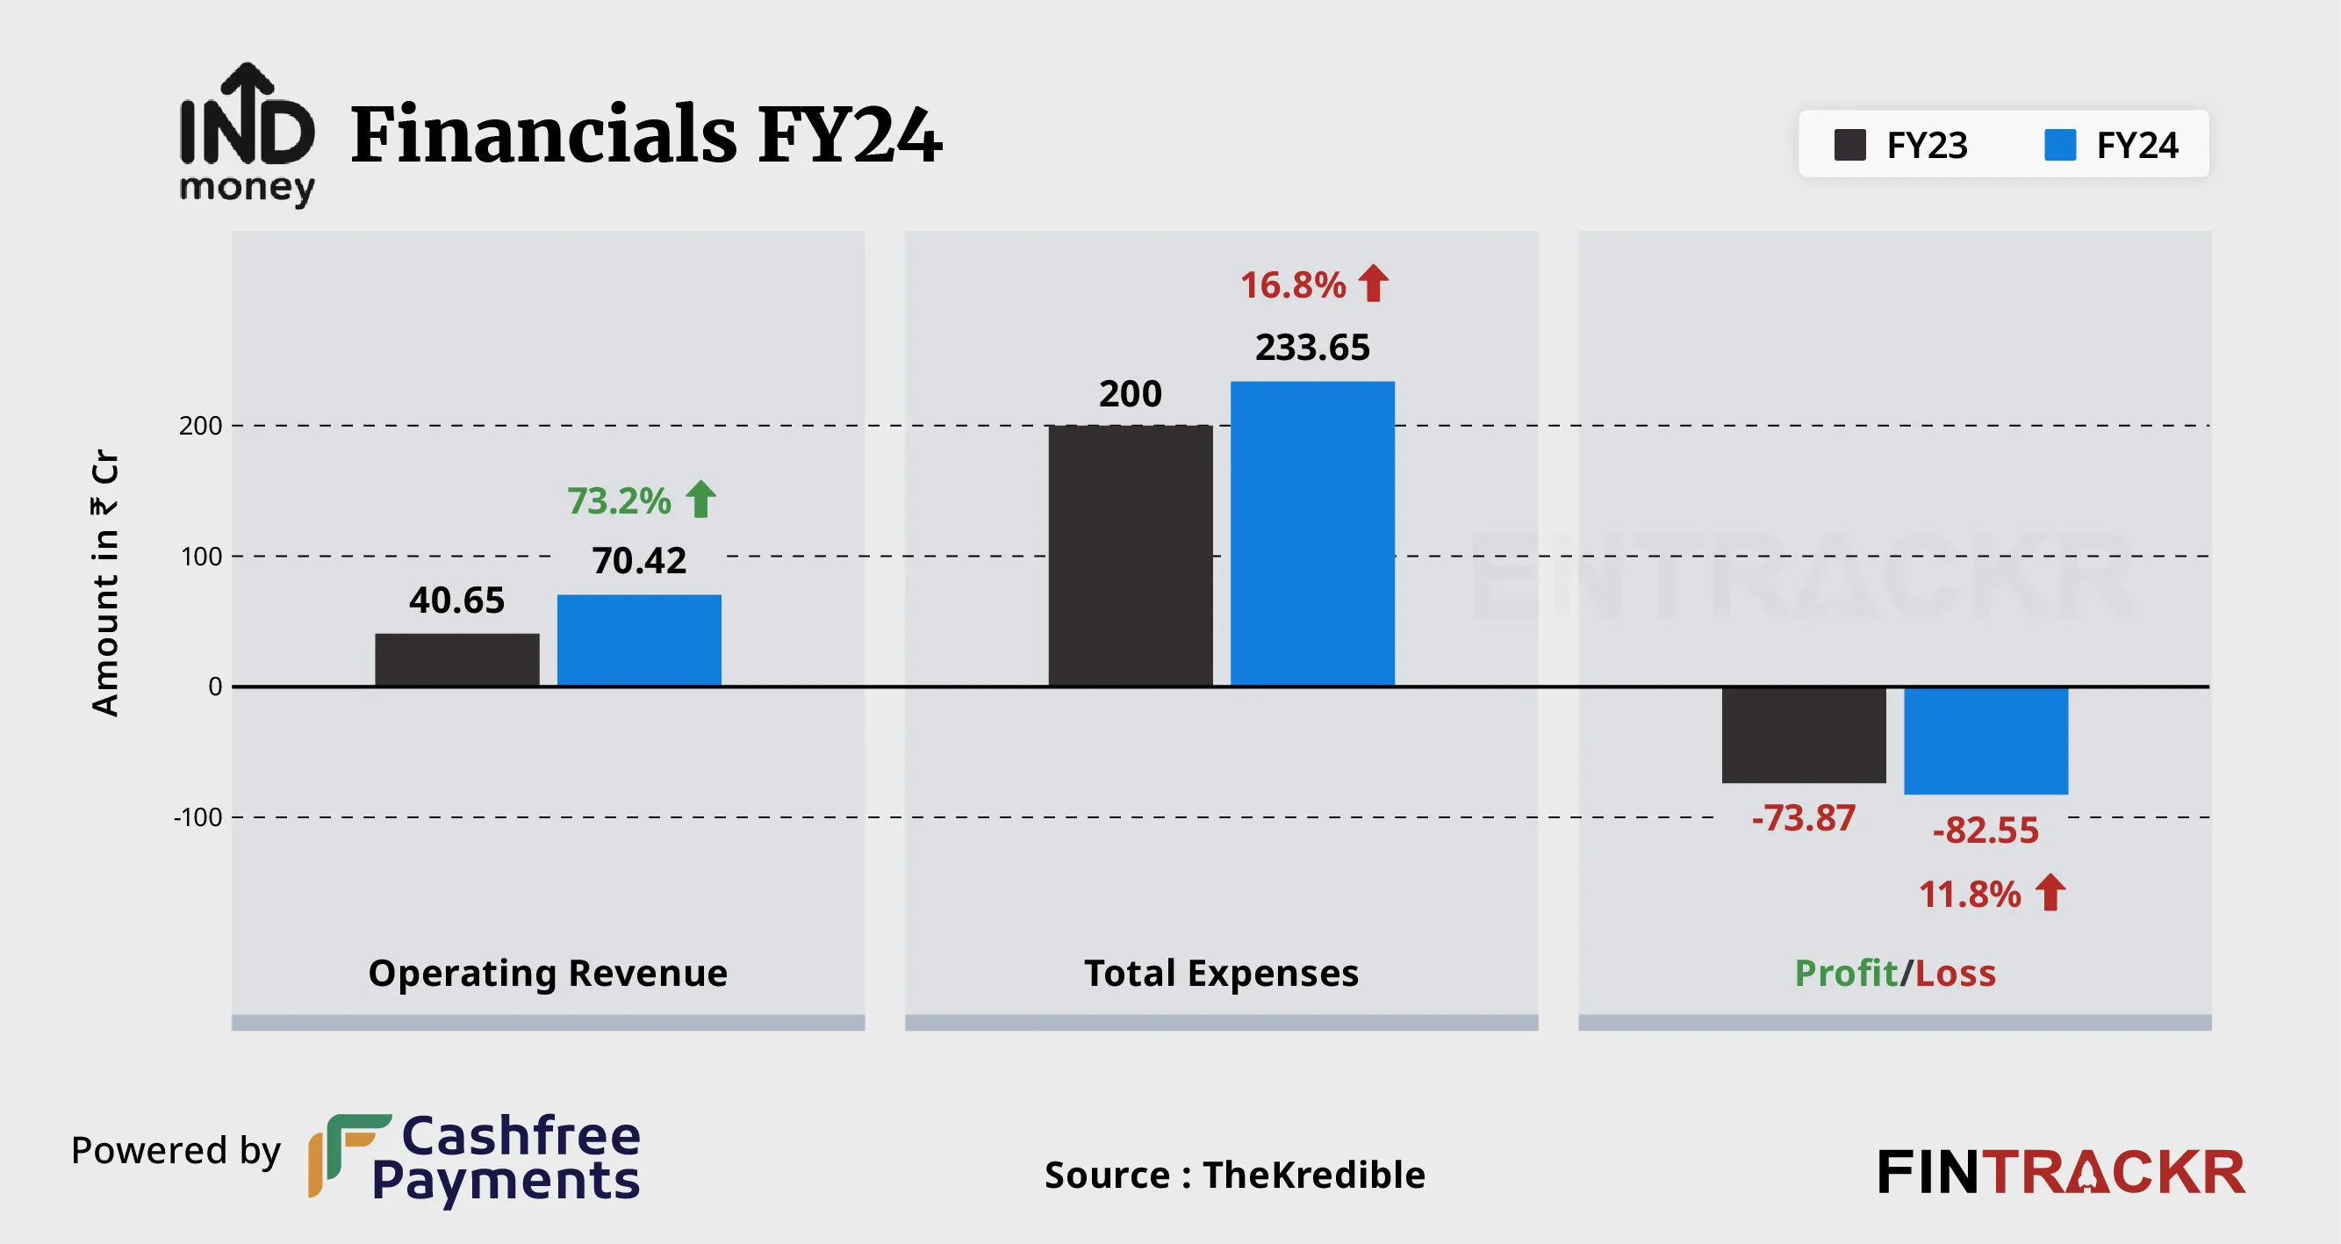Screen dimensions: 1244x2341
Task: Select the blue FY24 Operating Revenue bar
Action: point(639,640)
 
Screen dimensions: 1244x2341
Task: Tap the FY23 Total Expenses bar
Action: point(1130,555)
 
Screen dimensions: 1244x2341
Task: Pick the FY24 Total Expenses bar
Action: point(1311,534)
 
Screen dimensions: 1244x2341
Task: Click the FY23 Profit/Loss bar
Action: point(1803,734)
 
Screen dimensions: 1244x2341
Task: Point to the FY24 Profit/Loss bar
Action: point(1986,741)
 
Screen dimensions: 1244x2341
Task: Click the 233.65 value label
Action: point(1311,347)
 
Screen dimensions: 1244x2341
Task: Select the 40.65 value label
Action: point(456,600)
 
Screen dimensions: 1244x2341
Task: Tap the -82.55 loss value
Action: point(1985,830)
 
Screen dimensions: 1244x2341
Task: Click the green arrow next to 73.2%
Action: point(700,499)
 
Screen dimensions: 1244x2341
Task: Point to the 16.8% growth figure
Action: point(1292,284)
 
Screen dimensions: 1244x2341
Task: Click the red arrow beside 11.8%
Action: point(2050,892)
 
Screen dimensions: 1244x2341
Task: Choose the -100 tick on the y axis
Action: point(198,817)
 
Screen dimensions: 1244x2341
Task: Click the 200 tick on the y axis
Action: point(200,425)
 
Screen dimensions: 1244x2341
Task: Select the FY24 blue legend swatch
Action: point(2059,145)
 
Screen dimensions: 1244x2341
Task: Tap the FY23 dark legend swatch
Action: point(1849,145)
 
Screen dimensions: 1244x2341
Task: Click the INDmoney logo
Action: point(248,134)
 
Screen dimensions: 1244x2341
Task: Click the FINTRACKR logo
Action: point(2060,1172)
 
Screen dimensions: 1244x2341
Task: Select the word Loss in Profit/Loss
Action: point(1955,974)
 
